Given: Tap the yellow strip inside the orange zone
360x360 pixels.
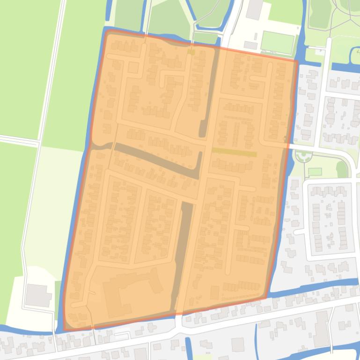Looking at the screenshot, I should [x=235, y=152].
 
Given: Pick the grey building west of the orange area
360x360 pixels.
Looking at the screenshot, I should [x=37, y=295].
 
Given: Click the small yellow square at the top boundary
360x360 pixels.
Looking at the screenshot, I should [x=191, y=52].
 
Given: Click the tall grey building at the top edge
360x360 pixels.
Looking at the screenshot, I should [x=255, y=9].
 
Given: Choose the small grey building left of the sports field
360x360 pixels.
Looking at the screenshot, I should [x=250, y=45].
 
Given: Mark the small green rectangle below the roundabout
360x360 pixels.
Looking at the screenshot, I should [x=315, y=172].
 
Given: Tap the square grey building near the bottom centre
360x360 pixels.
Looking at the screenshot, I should [x=238, y=345].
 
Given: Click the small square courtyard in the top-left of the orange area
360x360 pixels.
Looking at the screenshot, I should [x=133, y=68].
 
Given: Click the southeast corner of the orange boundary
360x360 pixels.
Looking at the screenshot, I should [x=267, y=297].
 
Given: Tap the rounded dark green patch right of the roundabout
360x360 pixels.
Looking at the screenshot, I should [x=342, y=169].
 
